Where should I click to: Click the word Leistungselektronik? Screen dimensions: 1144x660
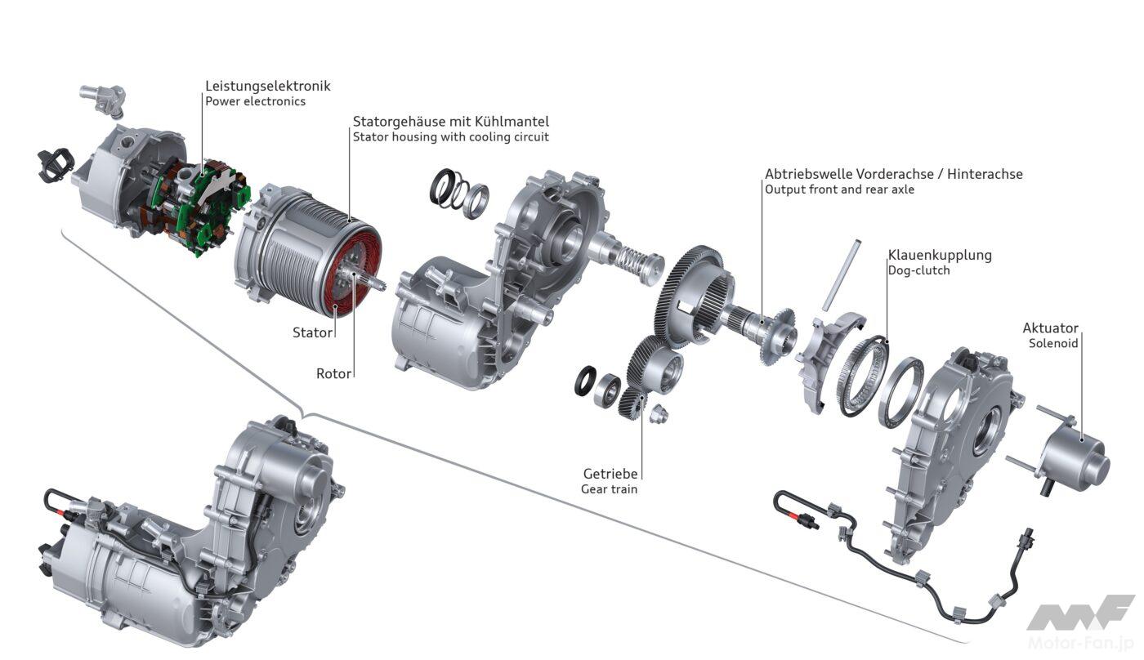coord(268,86)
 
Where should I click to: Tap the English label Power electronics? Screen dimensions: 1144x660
coord(255,101)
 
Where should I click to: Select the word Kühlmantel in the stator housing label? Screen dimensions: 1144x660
coord(512,122)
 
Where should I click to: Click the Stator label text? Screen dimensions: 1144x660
coord(312,332)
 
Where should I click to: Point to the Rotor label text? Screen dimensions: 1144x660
coord(333,373)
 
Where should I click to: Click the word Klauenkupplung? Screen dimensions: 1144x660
coord(940,255)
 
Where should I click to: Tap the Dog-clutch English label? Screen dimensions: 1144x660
coord(918,270)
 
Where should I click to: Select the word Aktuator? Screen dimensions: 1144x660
coord(1050,328)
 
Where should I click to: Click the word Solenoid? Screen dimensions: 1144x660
coord(1053,343)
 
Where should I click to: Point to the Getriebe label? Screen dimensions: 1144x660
coord(610,474)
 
